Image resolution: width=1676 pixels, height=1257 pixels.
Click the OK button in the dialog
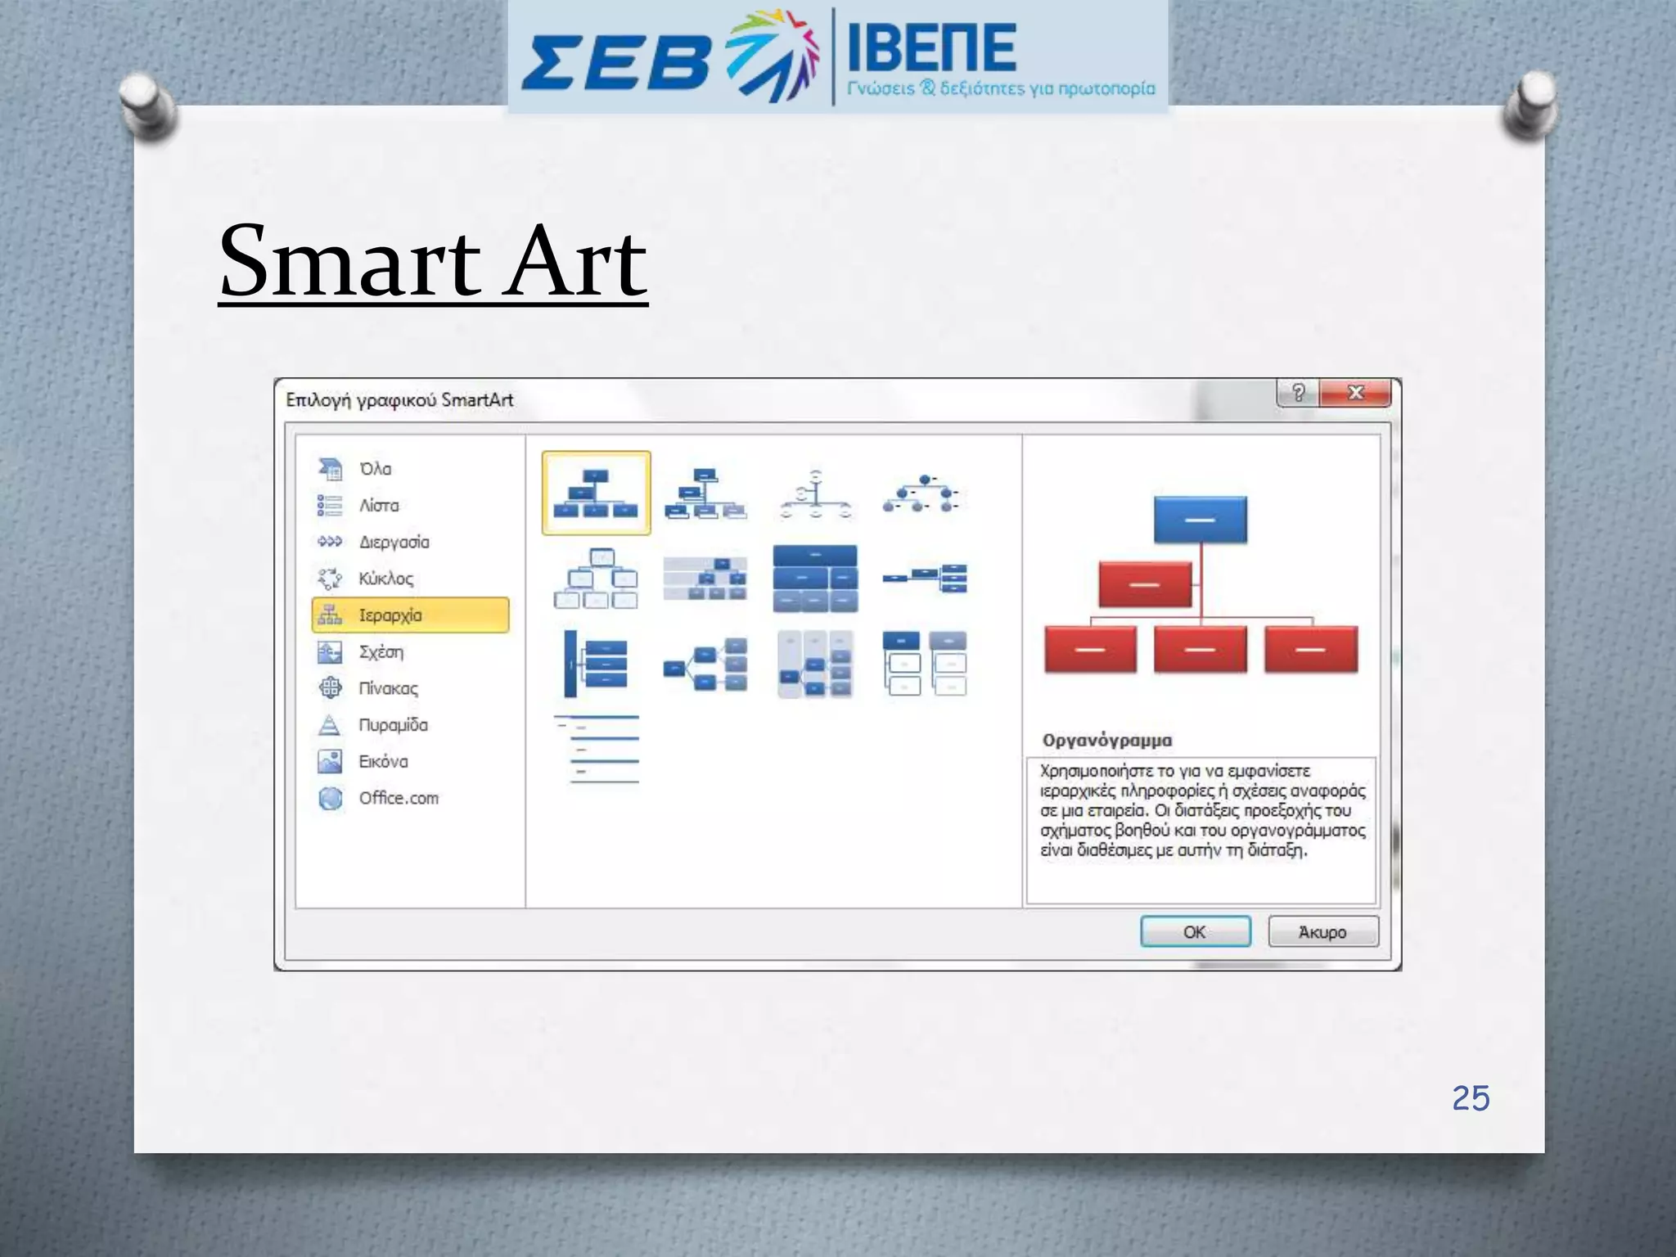tap(1195, 931)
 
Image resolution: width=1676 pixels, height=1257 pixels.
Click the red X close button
tap(1355, 393)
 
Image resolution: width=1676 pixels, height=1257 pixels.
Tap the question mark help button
tap(1298, 393)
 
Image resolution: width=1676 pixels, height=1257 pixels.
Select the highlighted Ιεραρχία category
tap(410, 615)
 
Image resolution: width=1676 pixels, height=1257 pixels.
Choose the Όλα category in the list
tap(375, 469)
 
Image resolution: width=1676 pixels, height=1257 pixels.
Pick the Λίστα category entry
tap(378, 505)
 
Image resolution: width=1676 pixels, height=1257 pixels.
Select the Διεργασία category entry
tap(394, 542)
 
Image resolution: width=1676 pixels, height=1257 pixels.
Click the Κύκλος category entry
tap(385, 579)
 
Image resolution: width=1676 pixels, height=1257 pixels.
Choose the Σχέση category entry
tap(381, 651)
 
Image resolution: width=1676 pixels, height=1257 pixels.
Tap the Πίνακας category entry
tap(388, 688)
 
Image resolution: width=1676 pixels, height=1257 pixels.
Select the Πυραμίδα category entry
tap(393, 724)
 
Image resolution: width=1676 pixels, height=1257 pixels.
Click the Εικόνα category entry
tap(383, 761)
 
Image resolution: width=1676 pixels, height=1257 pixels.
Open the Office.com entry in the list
tap(398, 798)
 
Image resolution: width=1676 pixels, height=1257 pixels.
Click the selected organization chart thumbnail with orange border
tap(596, 493)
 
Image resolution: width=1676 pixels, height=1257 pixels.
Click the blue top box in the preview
tap(1200, 520)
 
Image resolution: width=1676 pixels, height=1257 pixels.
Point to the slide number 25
tap(1471, 1098)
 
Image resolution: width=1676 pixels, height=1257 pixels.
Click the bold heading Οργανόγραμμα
tap(1106, 740)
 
